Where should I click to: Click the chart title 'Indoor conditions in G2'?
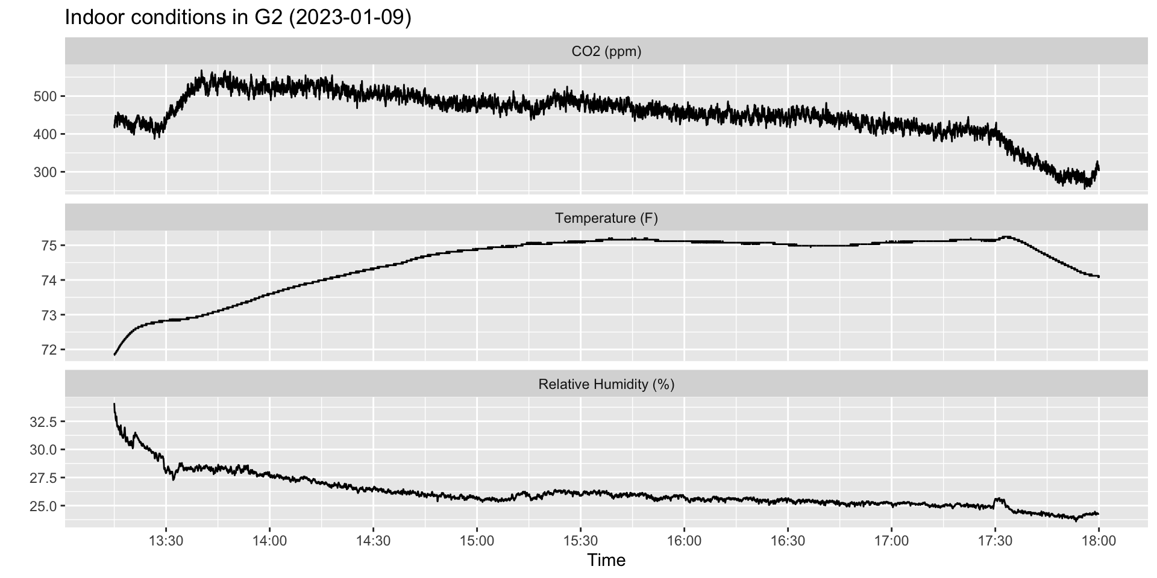click(x=237, y=17)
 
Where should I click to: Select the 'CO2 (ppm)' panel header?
click(x=606, y=52)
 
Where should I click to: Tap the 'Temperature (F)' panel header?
click(x=606, y=218)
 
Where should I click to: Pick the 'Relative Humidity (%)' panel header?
click(x=606, y=384)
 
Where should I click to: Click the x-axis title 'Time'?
click(x=606, y=561)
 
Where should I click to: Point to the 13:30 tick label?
click(x=166, y=541)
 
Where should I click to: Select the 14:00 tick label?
click(x=270, y=541)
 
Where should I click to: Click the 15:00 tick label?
click(x=477, y=541)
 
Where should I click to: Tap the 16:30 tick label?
click(x=788, y=541)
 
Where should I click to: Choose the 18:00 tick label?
click(x=1099, y=541)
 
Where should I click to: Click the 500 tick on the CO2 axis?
click(x=45, y=96)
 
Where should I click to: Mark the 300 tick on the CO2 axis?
click(x=45, y=172)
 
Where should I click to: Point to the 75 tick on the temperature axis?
click(x=49, y=246)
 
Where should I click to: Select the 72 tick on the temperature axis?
click(x=49, y=350)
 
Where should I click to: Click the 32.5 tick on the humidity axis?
click(x=43, y=422)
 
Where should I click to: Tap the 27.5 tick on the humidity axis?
click(x=43, y=478)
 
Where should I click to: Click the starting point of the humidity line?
click(x=114, y=405)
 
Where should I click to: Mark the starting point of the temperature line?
click(x=114, y=355)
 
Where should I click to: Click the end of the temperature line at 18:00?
click(x=1099, y=277)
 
